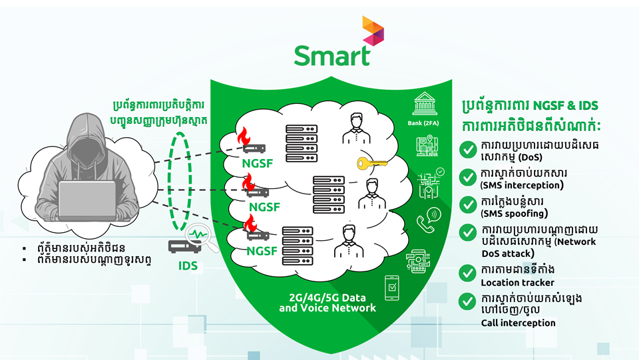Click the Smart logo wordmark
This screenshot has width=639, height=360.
click(331, 55)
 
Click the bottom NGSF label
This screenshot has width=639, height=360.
click(262, 251)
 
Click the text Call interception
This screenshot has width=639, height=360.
click(518, 323)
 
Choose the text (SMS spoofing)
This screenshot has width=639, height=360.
click(514, 214)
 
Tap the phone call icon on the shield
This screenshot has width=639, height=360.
click(427, 219)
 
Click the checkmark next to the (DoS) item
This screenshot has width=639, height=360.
click(468, 150)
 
